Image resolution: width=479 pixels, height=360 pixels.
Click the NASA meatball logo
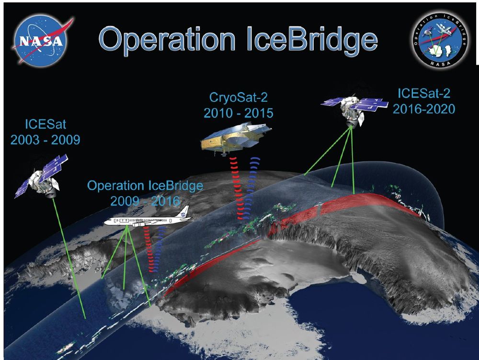[x=42, y=41]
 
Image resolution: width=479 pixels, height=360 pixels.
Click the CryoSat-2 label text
[x=238, y=97]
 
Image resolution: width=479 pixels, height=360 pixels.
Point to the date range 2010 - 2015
[x=238, y=113]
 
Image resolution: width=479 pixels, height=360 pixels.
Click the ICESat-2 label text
[x=424, y=93]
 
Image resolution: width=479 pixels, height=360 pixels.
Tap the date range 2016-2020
[x=424, y=109]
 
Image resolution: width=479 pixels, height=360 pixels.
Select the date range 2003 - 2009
[x=45, y=139]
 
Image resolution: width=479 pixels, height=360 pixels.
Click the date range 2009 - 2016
[x=145, y=201]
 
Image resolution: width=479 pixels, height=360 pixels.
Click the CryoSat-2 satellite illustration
[x=236, y=139]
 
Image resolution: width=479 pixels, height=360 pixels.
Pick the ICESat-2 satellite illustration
[x=354, y=110]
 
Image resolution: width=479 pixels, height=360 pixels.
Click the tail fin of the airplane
[x=184, y=211]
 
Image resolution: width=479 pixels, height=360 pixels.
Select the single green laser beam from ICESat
[x=69, y=258]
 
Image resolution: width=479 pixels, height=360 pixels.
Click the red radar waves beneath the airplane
[x=149, y=249]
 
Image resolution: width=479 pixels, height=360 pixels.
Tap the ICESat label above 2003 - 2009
[x=46, y=124]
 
